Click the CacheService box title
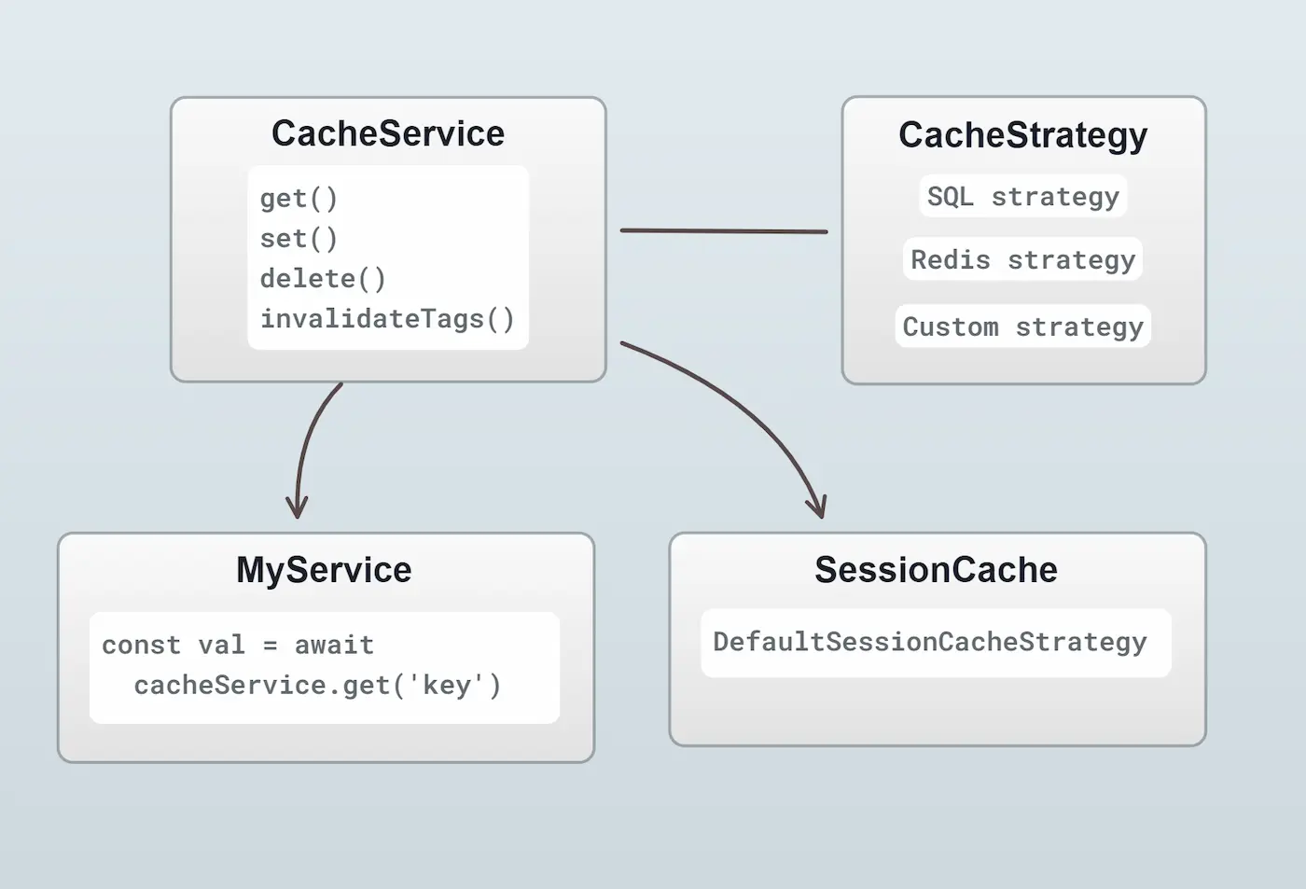point(387,133)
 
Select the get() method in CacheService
point(299,198)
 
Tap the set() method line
point(299,238)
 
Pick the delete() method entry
point(323,278)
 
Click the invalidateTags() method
point(387,318)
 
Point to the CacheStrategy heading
point(1022,134)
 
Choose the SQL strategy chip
point(1022,196)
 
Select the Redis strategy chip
point(1022,259)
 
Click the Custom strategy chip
point(1022,326)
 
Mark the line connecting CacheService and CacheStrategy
point(723,230)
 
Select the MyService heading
point(324,569)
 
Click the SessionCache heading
point(936,569)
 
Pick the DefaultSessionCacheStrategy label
point(929,642)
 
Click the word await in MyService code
point(334,645)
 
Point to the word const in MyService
point(141,645)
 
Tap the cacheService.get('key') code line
point(317,685)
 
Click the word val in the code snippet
point(221,645)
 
